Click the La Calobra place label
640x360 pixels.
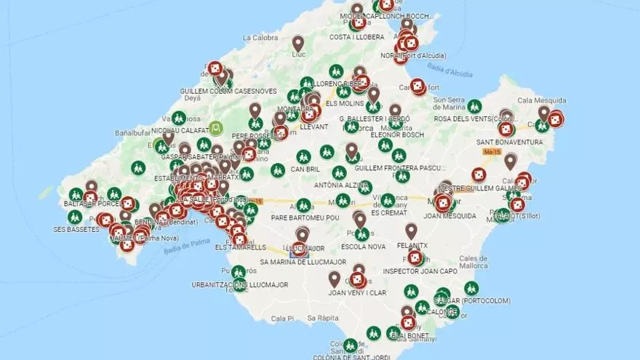260,38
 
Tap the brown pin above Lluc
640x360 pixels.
298,43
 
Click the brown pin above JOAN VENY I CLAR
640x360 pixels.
334,279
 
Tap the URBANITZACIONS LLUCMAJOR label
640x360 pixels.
238,284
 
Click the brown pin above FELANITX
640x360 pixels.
411,231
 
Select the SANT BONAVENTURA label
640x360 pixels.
509,142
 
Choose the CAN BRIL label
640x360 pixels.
305,169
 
